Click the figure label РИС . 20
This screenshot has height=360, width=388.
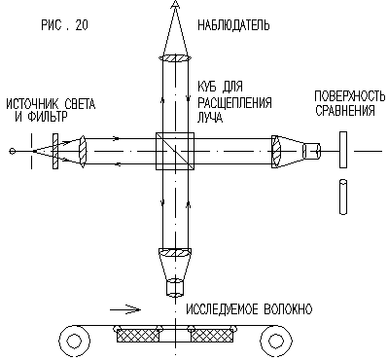click(64, 25)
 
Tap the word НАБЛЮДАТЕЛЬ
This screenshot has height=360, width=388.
click(233, 25)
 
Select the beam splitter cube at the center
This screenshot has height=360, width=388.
click(175, 151)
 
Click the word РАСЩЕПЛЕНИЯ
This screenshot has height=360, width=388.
click(234, 103)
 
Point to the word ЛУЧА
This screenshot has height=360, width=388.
click(210, 118)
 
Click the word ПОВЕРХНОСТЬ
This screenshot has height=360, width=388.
click(350, 96)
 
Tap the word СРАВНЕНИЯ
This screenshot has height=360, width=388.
click(345, 111)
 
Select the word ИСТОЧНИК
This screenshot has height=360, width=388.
click(32, 104)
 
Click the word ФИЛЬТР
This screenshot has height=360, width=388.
click(48, 117)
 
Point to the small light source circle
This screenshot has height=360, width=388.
click(13, 151)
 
